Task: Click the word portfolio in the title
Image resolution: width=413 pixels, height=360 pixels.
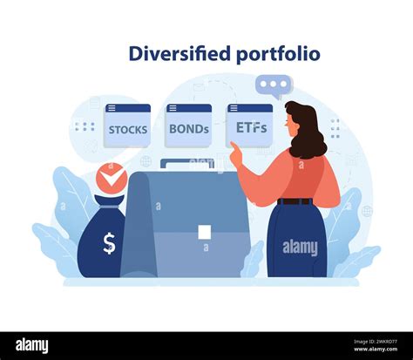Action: [278, 55]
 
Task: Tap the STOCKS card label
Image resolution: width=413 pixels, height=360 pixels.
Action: [128, 130]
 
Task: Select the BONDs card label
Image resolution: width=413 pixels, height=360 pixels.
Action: [189, 129]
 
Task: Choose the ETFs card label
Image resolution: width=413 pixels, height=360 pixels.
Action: [251, 127]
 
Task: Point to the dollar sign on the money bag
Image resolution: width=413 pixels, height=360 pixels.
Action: [109, 243]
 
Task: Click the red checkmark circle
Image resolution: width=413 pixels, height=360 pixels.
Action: [112, 179]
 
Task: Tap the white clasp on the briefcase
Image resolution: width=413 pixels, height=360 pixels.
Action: [205, 232]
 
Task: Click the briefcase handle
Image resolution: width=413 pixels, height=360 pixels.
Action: [187, 164]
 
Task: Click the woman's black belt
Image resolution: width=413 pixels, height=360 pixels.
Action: [295, 201]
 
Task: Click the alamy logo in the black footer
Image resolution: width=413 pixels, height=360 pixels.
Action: [32, 346]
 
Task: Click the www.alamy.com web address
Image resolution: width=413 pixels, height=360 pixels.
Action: [376, 349]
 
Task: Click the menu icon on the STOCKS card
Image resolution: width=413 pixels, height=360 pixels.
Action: [112, 109]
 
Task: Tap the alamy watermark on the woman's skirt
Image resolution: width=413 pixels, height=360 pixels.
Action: [301, 248]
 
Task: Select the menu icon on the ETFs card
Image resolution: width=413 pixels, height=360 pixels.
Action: [234, 109]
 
